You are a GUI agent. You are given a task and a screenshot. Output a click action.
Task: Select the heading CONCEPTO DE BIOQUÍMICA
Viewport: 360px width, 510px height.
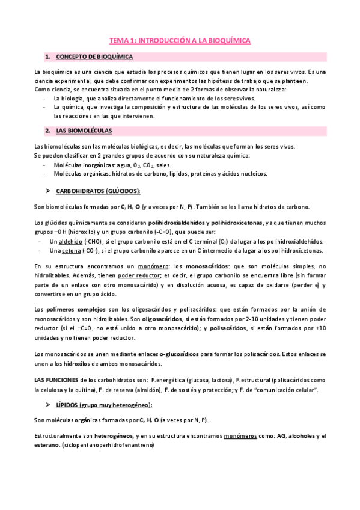(x=94, y=57)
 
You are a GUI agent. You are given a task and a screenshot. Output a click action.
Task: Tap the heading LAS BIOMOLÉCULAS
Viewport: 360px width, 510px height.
(x=84, y=130)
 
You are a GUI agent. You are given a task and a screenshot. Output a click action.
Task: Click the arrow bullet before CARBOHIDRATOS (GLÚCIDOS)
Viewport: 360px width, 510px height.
(x=47, y=191)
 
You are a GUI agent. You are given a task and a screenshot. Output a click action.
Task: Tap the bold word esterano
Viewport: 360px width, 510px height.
(x=47, y=445)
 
